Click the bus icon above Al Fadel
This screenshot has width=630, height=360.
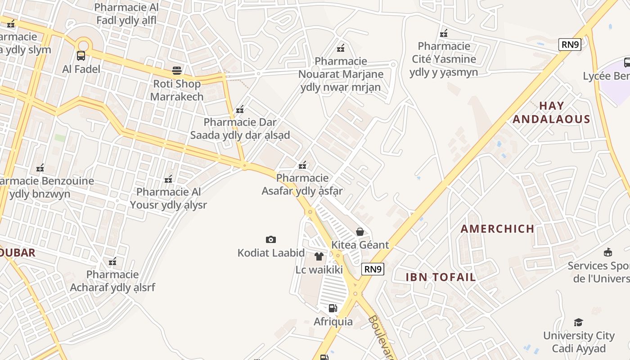pos(81,56)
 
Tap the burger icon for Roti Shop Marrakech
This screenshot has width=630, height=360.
pos(177,71)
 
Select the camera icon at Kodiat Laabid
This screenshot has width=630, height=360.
pos(270,239)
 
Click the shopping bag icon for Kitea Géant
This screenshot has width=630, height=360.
pos(360,232)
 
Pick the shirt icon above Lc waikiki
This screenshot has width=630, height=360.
pos(319,256)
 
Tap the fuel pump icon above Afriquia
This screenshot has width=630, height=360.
pos(333,308)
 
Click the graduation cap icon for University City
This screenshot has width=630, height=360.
pos(578,322)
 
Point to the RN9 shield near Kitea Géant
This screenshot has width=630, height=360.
pos(373,269)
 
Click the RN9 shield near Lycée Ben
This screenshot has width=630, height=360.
pos(570,45)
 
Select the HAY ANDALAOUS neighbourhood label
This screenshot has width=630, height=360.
pos(551,112)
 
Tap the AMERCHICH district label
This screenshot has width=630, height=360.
pos(497,229)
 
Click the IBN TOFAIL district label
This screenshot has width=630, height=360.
pos(441,277)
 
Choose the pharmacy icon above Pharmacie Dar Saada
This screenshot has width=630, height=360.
pos(240,109)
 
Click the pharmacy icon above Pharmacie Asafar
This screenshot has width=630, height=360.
pos(302,165)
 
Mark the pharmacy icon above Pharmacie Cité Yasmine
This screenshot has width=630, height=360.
pos(444,33)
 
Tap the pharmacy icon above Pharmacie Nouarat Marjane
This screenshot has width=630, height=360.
pos(341,48)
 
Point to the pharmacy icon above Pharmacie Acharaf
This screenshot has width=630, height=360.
pos(112,261)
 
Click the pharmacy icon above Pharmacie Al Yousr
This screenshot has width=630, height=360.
pos(168,179)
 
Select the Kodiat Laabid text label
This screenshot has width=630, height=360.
pos(271,253)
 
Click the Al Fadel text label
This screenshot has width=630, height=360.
pos(81,69)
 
